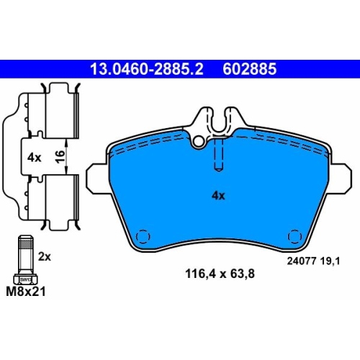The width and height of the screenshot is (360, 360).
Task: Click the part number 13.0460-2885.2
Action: [x=147, y=69]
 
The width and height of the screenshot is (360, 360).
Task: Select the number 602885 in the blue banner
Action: [x=250, y=69]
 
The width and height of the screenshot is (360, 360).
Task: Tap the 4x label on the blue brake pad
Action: [x=218, y=196]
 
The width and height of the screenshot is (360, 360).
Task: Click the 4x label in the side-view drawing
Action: [x=35, y=158]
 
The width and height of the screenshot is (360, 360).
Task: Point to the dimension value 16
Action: [x=60, y=156]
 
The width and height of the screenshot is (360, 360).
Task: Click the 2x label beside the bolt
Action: [x=45, y=257]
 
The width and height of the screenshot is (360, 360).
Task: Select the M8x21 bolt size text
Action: [x=26, y=292]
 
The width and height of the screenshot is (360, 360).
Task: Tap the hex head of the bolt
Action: [x=25, y=279]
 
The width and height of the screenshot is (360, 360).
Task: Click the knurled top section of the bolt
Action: [x=26, y=244]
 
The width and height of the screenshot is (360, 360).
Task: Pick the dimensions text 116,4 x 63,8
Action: [x=220, y=274]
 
